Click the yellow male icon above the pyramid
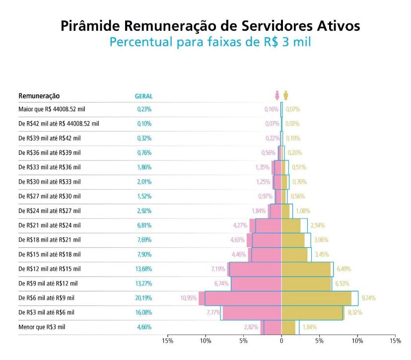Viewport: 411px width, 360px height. click(286, 95)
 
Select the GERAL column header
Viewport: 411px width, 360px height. click(144, 96)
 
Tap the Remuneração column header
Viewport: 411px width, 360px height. click(39, 95)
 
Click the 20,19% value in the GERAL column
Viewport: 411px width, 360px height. click(144, 298)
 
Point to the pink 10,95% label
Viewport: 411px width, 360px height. click(189, 298)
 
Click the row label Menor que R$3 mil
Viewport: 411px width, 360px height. click(42, 327)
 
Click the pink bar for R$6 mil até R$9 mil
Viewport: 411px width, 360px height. click(243, 298)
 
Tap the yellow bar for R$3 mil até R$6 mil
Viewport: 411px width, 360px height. click(312, 313)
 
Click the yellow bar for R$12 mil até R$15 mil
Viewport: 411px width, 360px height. click(306, 269)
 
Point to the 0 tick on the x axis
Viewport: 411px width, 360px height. click(281, 341)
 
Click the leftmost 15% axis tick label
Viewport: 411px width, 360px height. click(168, 341)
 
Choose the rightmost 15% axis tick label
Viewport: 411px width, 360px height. click(395, 341)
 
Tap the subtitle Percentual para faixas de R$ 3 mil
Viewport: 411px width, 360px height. click(210, 42)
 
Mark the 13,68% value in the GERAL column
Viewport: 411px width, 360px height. click(144, 269)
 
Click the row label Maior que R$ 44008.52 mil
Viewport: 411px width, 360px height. click(52, 109)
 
